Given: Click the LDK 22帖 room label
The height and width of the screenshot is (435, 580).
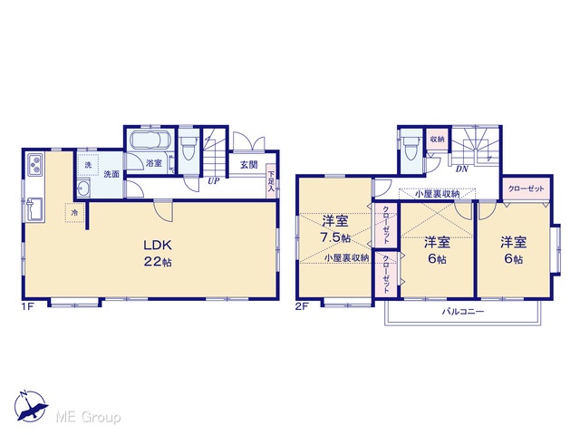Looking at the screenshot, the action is [x=158, y=254].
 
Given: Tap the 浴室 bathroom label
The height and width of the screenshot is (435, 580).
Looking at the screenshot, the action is [x=154, y=163].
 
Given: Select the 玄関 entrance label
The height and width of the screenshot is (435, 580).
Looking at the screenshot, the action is [x=249, y=165].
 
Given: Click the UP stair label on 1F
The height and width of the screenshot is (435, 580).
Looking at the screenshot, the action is [x=214, y=181].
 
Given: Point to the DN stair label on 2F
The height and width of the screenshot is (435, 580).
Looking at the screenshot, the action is [x=462, y=169].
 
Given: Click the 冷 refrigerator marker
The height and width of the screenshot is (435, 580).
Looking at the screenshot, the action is [x=74, y=213].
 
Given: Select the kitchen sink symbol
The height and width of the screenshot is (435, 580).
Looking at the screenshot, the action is [x=35, y=209].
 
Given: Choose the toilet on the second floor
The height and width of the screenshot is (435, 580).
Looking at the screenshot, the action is [x=411, y=148].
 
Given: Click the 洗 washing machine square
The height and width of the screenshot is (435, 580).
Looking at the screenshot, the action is [x=88, y=165].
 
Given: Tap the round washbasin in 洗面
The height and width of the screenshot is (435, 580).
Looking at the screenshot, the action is [x=83, y=188].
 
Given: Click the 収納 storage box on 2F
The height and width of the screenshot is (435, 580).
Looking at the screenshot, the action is [x=437, y=140].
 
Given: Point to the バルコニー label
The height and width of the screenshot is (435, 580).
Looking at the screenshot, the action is [x=463, y=312].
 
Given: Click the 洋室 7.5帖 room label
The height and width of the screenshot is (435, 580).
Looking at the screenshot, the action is [x=335, y=229].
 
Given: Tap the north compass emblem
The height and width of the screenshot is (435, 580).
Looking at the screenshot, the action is [x=30, y=406].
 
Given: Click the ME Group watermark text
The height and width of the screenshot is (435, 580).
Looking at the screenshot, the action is [x=89, y=417].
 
